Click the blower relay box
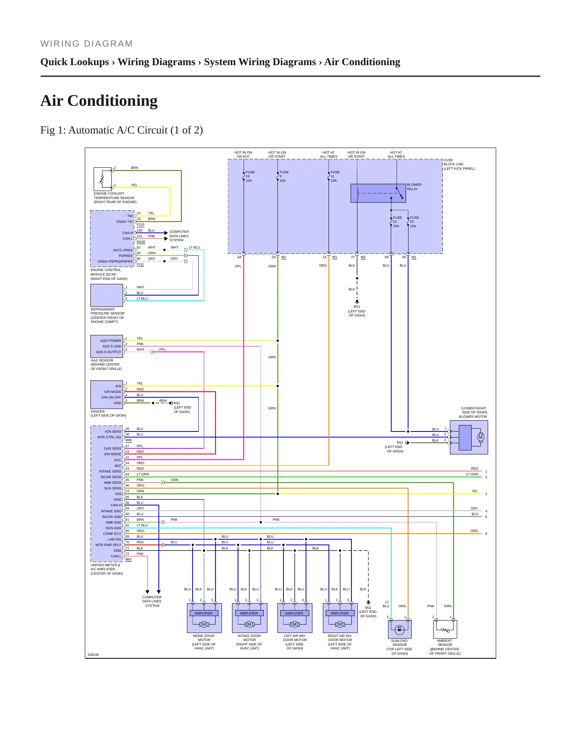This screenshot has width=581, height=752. tap(378, 193)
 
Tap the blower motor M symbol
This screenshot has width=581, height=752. tap(480, 437)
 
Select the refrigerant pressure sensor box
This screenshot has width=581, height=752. tap(107, 295)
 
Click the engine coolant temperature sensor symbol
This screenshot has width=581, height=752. tap(103, 179)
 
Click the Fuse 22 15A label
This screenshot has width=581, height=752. tap(414, 222)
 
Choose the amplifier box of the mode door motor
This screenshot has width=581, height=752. tap(203, 613)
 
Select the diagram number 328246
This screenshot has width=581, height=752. tap(93, 655)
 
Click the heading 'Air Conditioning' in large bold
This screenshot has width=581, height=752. tap(99, 101)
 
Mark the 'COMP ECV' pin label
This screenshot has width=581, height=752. tap(112, 534)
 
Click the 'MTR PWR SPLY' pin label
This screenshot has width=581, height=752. tap(108, 545)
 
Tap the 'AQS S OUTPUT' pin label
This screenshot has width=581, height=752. tap(108, 352)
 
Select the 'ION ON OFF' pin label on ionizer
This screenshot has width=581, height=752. tap(111, 397)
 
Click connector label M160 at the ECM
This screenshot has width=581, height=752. tap(141, 242)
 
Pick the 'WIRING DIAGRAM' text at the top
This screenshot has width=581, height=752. tap(86, 44)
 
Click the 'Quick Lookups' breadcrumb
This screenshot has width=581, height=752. tap(75, 62)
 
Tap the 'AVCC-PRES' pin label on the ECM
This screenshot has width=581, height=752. tap(123, 250)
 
